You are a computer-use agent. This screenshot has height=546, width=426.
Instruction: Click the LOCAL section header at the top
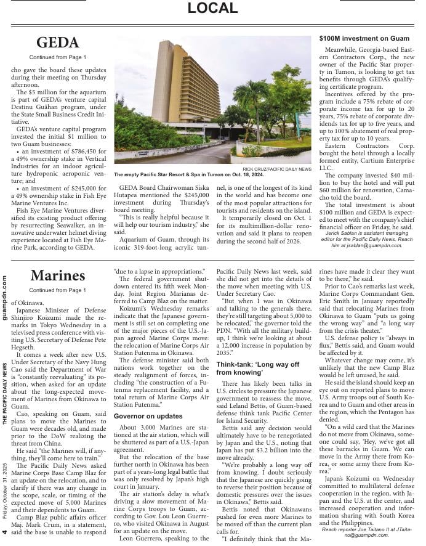coord(212,8)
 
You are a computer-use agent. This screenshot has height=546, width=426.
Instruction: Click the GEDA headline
coord(58,43)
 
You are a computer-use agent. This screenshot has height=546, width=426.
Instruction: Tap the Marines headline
coord(58,275)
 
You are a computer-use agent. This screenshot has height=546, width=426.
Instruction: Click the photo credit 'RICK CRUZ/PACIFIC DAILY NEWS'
coord(277,169)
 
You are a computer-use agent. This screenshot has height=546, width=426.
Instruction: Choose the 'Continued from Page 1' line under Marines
coord(58,290)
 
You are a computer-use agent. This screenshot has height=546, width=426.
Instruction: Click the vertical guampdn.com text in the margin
coord(5,298)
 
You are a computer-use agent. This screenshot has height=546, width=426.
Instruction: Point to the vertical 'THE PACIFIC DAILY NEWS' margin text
coord(5,394)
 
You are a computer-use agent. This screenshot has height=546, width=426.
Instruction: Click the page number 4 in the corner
coord(5,532)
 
